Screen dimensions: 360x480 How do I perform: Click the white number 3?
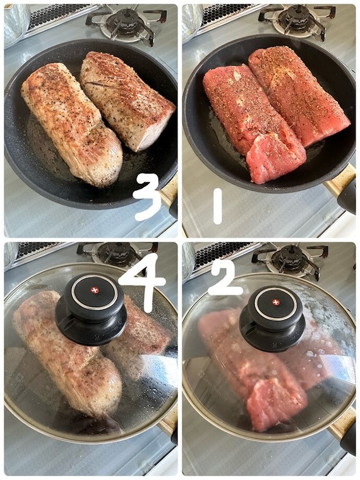point(148,196)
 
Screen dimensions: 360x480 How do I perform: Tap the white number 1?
point(217,206)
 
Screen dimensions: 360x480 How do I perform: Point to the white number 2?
point(225,278)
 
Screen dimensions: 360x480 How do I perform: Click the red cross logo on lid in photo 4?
point(95,290)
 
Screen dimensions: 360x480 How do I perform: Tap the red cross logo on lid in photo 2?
point(276,303)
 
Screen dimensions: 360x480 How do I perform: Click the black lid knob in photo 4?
point(91,308)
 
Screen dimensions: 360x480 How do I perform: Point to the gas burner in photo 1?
point(297,20)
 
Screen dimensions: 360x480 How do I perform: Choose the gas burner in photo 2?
point(290,260)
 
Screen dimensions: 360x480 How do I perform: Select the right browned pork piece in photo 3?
point(127,100)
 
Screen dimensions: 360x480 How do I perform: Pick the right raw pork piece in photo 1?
point(299,94)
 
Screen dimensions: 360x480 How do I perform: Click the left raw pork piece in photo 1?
point(254,123)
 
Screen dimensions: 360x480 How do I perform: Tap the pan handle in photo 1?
point(341,188)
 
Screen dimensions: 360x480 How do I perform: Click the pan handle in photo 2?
point(343,429)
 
